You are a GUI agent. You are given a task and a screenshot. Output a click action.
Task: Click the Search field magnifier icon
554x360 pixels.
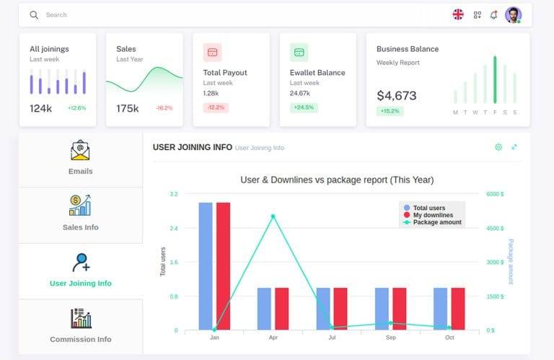34,14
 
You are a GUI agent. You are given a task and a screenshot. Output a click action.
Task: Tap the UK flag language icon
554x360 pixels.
458,14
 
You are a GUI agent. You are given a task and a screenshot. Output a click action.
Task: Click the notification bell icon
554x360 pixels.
493,14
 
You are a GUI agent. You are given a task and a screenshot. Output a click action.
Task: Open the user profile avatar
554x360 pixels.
513,14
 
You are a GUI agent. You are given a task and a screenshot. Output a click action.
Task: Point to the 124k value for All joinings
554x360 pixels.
40,108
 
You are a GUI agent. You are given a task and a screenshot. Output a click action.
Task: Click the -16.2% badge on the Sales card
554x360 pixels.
164,108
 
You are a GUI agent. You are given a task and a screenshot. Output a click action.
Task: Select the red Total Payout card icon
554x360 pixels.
213,52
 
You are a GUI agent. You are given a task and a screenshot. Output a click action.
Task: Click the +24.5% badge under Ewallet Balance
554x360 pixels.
304,107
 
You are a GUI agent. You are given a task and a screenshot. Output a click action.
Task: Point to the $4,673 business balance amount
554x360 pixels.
396,95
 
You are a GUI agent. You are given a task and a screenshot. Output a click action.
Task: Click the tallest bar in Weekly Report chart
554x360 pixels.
495,79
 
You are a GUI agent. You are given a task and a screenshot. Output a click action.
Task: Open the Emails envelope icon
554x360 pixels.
81,150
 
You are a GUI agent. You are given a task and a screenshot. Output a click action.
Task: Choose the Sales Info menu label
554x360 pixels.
81,227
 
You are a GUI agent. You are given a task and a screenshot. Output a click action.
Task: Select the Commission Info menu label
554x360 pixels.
81,339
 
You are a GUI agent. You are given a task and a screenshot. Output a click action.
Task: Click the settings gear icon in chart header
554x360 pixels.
498,147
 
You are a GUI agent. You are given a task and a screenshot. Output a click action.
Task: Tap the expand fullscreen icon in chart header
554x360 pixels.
514,147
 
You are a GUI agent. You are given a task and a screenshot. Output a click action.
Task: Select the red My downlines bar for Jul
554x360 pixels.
340,309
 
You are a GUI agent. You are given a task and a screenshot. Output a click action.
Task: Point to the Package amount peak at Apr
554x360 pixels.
273,216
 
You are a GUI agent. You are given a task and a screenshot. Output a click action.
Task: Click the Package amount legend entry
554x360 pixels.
436,222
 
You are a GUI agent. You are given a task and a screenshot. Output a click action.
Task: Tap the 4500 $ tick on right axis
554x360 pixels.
495,228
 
